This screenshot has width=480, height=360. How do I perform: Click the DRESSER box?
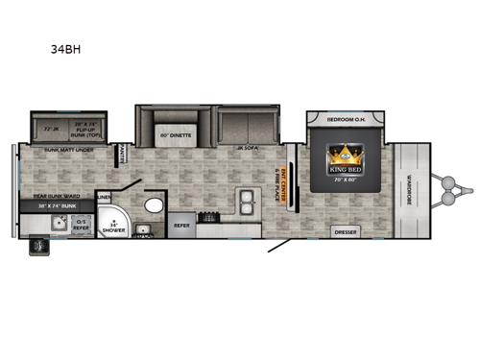click(346, 231)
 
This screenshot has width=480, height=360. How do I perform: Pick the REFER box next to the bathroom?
click(183, 228)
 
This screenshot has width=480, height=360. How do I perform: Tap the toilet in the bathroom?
click(153, 205)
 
